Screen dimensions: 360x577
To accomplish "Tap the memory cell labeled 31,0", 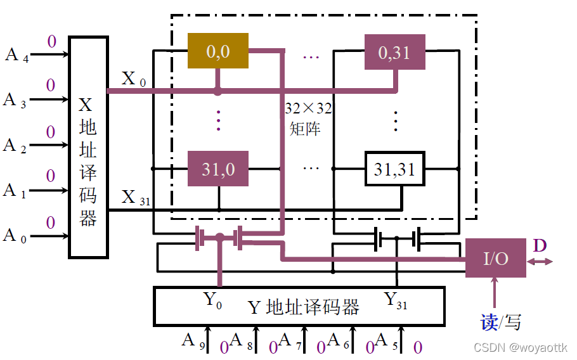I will [x=217, y=169].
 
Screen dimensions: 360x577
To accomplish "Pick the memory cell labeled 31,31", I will [x=394, y=169].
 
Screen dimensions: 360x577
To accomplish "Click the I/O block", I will [x=495, y=258].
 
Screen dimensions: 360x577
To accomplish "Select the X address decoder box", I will [x=88, y=147].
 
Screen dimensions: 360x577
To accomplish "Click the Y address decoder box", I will [x=299, y=307].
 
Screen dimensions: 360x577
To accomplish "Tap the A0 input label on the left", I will [x=15, y=236].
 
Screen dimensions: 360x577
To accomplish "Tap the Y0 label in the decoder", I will [x=212, y=300].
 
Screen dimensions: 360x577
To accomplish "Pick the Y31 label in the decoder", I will [x=396, y=300].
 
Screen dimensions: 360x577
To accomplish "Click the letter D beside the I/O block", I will [x=540, y=245].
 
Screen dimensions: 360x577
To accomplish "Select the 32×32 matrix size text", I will [x=308, y=108].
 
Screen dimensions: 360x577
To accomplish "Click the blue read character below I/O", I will [x=488, y=322].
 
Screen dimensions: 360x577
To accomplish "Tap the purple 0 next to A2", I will [x=50, y=132].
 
